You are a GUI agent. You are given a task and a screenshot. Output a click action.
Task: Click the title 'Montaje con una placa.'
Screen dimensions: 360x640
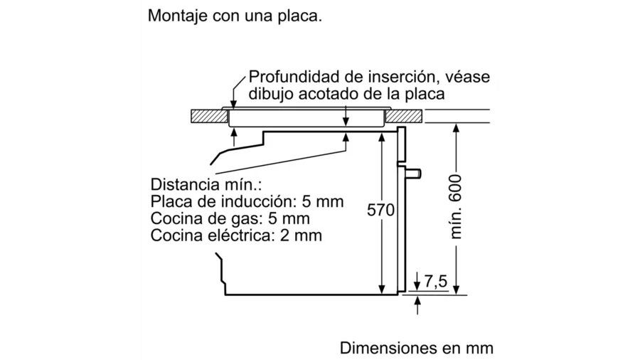[x=235, y=17]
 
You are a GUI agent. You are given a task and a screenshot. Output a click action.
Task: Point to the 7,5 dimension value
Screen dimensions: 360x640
[x=435, y=282]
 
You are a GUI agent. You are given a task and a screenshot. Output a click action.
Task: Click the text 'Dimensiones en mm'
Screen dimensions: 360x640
[x=416, y=348]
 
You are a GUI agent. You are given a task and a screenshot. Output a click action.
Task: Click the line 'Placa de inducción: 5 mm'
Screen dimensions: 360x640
[x=247, y=201]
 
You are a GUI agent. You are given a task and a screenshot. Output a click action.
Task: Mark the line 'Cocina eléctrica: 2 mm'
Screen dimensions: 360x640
[x=236, y=234]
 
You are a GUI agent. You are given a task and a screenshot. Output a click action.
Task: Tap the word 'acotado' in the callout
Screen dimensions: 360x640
[x=329, y=94]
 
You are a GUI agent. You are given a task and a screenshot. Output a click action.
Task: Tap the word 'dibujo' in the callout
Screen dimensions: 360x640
[x=270, y=94]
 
